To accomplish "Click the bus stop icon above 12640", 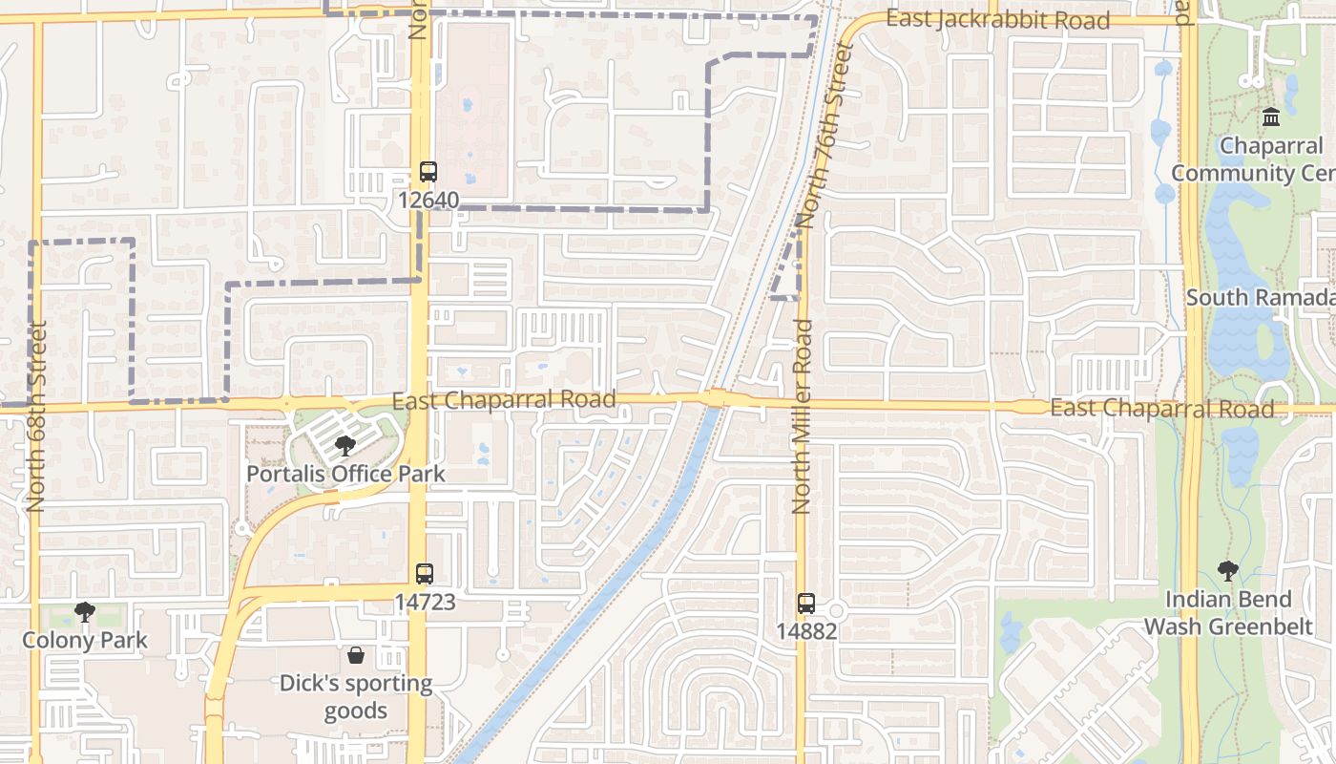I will tap(428, 172).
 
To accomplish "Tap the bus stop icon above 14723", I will tap(425, 574).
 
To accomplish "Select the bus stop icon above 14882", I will tap(806, 604).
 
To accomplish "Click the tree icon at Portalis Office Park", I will tap(345, 446).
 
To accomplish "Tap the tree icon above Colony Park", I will tap(85, 611).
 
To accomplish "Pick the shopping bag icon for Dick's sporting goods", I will tap(356, 655).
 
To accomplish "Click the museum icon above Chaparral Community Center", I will tap(1271, 117).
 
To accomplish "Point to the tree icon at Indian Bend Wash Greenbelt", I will tap(1228, 571).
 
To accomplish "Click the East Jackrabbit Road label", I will tap(997, 19).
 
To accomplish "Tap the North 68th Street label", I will tap(36, 415).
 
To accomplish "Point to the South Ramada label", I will tap(1258, 297).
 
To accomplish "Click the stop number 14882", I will tap(806, 630).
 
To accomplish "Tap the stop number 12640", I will tap(428, 200).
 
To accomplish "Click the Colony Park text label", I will tap(85, 639).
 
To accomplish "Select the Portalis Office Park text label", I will tap(345, 473).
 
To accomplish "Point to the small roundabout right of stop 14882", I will tap(836, 610).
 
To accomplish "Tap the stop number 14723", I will tap(425, 602).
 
